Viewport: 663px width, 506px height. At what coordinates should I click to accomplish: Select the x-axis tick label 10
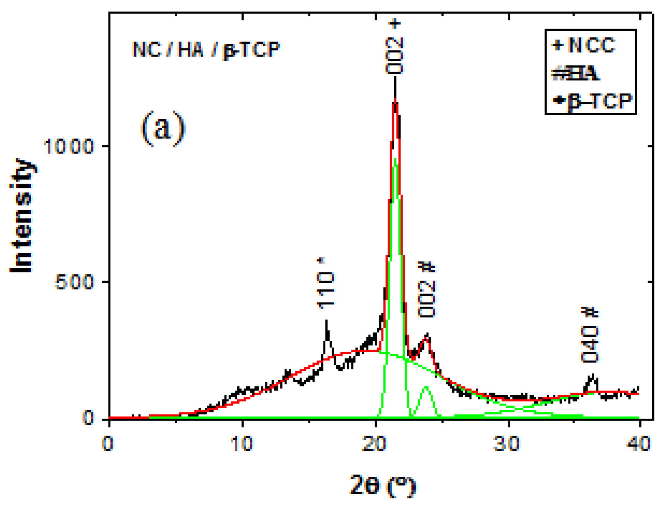click(x=242, y=444)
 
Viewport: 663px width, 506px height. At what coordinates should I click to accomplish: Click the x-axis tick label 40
click(x=638, y=444)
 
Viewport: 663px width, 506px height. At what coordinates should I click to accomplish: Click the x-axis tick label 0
click(x=108, y=444)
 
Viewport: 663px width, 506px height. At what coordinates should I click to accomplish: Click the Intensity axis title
click(x=22, y=215)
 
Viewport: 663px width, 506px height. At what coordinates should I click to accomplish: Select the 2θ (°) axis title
click(x=382, y=486)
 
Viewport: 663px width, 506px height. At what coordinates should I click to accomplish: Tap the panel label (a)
click(x=163, y=129)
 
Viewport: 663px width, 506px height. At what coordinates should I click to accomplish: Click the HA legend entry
click(x=576, y=73)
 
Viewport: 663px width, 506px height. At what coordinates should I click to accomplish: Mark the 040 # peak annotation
click(x=590, y=336)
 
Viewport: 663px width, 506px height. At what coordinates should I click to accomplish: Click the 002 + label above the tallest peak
click(x=394, y=48)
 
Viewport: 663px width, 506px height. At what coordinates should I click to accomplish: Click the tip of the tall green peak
click(x=395, y=159)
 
